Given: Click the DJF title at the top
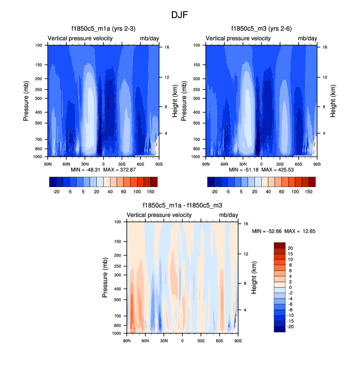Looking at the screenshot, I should pos(180,15).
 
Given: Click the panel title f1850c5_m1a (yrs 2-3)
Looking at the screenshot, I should pos(103,28).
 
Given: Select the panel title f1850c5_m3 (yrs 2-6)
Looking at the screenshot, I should pos(261,28).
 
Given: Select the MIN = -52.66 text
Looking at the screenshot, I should pos(265,231).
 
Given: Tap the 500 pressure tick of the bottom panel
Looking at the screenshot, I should pos(117,299).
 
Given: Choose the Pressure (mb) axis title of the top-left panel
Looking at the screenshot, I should pos(27,101).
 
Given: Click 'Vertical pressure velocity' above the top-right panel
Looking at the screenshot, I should pos(238,38).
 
